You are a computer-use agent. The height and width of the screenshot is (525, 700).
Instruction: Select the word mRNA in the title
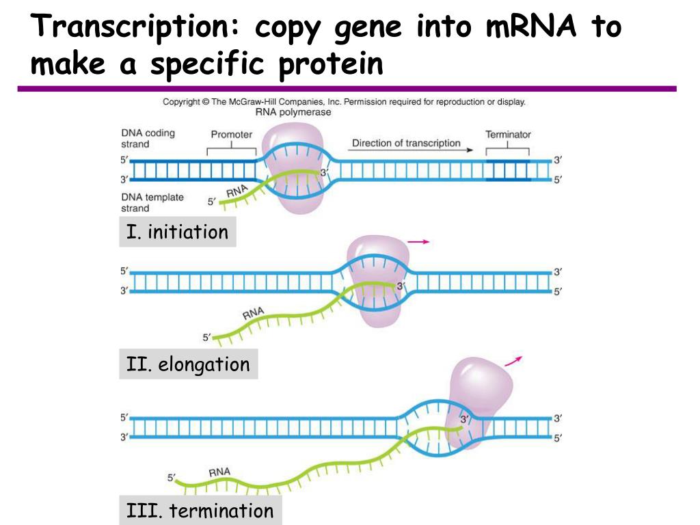pyautogui.click(x=530, y=26)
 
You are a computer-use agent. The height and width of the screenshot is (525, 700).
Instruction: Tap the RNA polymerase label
pyautogui.click(x=293, y=112)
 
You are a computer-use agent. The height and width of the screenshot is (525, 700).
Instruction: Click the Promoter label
pyautogui.click(x=231, y=135)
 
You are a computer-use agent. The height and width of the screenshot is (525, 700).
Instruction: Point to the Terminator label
pyautogui.click(x=508, y=135)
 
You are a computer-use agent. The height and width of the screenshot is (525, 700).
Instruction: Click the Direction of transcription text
pyautogui.click(x=406, y=143)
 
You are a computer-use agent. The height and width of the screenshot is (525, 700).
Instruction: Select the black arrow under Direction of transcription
pyautogui.click(x=410, y=150)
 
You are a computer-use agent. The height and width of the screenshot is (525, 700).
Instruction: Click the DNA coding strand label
pyautogui.click(x=148, y=138)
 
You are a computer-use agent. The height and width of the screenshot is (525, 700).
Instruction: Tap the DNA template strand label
pyautogui.click(x=152, y=202)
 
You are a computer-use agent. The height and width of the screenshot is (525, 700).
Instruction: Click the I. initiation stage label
pyautogui.click(x=177, y=232)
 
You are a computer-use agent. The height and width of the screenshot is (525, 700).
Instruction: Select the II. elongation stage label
pyautogui.click(x=188, y=364)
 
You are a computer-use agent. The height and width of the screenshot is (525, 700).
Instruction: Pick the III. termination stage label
pyautogui.click(x=200, y=510)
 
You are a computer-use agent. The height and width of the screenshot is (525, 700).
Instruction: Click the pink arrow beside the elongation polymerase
pyautogui.click(x=418, y=242)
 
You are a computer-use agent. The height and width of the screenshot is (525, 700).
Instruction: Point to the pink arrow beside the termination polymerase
pyautogui.click(x=513, y=361)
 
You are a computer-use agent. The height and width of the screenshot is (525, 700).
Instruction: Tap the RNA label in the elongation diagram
pyautogui.click(x=253, y=313)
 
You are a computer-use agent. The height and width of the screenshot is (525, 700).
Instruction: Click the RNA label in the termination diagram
pyautogui.click(x=219, y=472)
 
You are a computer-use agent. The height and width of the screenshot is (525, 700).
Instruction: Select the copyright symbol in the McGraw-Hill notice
pyautogui.click(x=206, y=102)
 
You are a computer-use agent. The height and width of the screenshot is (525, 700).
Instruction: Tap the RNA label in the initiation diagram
pyautogui.click(x=237, y=191)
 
